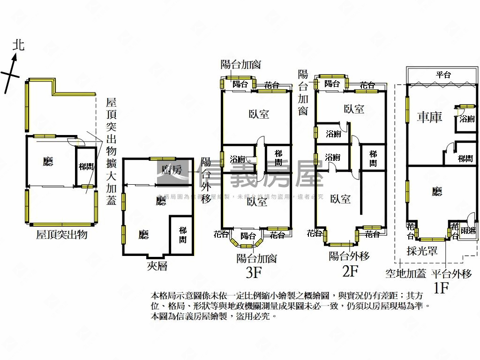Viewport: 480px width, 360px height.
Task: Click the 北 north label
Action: click(18, 45)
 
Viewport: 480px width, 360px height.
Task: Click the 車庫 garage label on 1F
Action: click(429, 117)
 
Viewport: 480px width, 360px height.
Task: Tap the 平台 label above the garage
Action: click(443, 75)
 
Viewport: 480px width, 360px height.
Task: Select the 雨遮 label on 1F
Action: click(467, 231)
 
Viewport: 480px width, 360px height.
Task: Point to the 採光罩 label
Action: click(422, 251)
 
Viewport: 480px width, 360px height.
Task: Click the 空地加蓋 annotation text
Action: click(405, 274)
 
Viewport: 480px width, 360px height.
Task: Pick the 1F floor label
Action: click(441, 287)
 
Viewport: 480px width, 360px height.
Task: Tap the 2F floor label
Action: click(350, 270)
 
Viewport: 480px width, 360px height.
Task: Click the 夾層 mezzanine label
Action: click(157, 266)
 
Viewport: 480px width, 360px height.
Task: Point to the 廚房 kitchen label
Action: click(171, 170)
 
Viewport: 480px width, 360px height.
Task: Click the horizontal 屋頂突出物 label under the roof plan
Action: click(61, 235)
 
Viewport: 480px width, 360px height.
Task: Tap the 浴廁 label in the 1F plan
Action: click(466, 119)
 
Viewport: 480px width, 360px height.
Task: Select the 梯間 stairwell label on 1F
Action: click(465, 159)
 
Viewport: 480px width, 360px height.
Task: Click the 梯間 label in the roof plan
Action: click(86, 166)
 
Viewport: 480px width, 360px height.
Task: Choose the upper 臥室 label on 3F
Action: click(259, 114)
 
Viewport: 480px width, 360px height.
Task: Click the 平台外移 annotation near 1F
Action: click(451, 274)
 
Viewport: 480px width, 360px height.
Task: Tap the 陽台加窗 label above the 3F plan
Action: click(240, 64)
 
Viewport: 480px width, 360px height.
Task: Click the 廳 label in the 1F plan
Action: click(437, 191)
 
